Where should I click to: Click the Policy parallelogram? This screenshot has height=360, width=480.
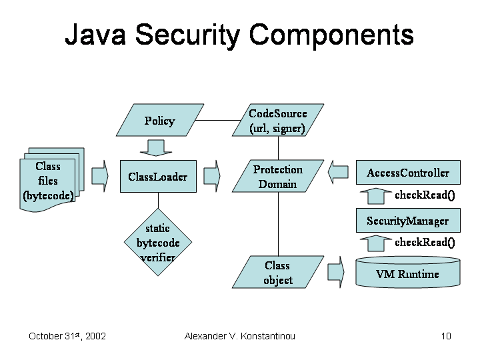(x=159, y=121)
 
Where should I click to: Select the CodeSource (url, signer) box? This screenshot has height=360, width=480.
(x=277, y=121)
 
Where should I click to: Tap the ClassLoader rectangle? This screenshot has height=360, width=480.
(x=158, y=177)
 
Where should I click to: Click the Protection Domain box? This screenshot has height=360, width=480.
(x=277, y=177)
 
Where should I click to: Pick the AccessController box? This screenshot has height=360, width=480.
(x=408, y=173)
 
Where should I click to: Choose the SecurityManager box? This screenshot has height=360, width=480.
(x=407, y=221)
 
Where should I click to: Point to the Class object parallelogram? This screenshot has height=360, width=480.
(x=277, y=273)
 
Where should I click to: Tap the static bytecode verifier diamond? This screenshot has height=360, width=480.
(x=158, y=243)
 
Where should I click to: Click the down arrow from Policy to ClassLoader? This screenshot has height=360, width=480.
(x=158, y=147)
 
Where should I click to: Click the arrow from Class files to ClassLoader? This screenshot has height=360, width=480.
(x=99, y=176)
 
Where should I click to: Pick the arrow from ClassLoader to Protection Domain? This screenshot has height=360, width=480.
(x=211, y=176)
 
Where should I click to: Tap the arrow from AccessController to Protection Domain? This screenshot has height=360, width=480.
(x=339, y=173)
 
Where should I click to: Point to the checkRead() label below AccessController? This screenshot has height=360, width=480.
(x=424, y=196)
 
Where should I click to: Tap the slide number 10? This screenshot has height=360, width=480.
(x=446, y=336)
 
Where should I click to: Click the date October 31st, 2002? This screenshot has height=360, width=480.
(x=67, y=336)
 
